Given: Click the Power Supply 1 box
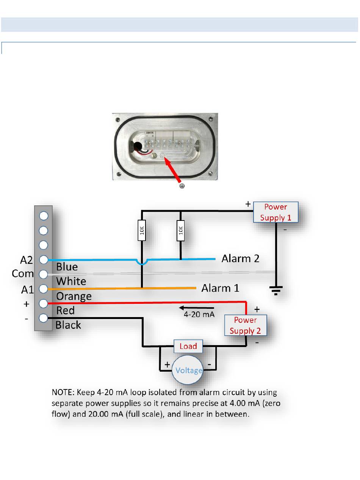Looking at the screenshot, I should click(x=275, y=212).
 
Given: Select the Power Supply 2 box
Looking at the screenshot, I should click(x=245, y=325).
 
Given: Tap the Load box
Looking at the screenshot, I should click(x=188, y=346).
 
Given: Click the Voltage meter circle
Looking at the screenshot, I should click(x=188, y=370).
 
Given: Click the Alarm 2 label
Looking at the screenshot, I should click(x=240, y=259).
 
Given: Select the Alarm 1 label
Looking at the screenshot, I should click(x=220, y=288).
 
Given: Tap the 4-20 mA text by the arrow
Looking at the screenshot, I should click(x=199, y=314).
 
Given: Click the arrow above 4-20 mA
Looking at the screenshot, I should click(x=197, y=308).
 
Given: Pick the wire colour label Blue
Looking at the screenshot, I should click(x=67, y=267).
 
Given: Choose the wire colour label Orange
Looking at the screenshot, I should click(x=74, y=296).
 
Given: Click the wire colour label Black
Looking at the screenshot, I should click(x=68, y=325).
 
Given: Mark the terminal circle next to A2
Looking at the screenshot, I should click(x=44, y=260).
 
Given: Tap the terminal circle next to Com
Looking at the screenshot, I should click(x=44, y=274).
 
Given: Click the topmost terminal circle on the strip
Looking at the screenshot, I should click(x=44, y=216).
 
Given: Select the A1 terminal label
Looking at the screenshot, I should click(x=27, y=290).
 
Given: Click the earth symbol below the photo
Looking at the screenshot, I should click(x=182, y=186).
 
